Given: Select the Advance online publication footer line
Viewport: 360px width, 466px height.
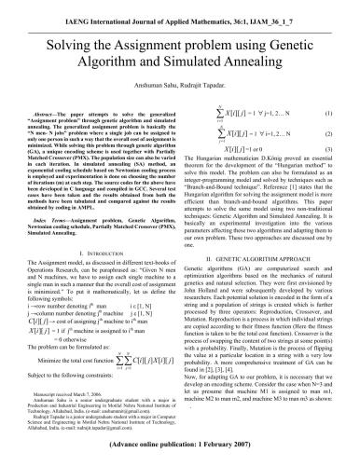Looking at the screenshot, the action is [179, 448].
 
